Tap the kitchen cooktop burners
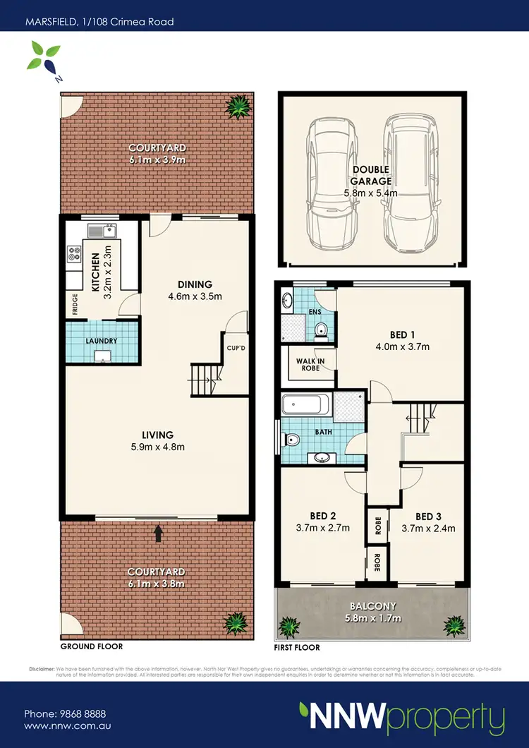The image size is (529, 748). [x=73, y=255]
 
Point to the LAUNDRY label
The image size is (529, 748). [x=102, y=341]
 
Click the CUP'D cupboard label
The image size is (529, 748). [x=236, y=347]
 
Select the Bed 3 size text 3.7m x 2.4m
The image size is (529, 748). [x=429, y=528]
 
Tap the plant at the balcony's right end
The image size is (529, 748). [x=452, y=625]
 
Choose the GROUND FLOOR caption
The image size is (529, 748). [x=91, y=646]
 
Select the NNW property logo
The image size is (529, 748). [x=402, y=718]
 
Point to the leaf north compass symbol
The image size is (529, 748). [x=41, y=57]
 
